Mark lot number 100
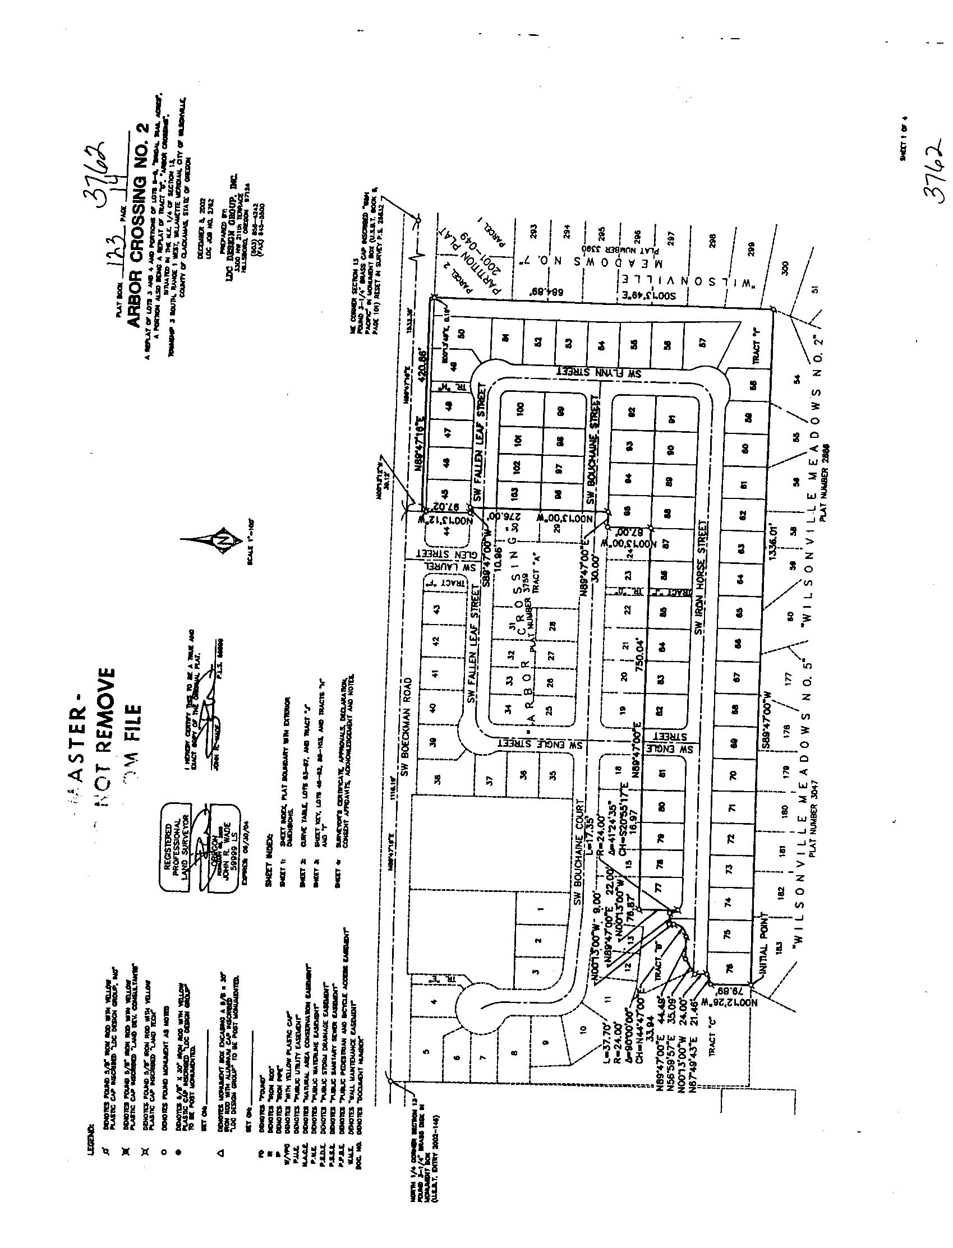coord(520,408)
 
